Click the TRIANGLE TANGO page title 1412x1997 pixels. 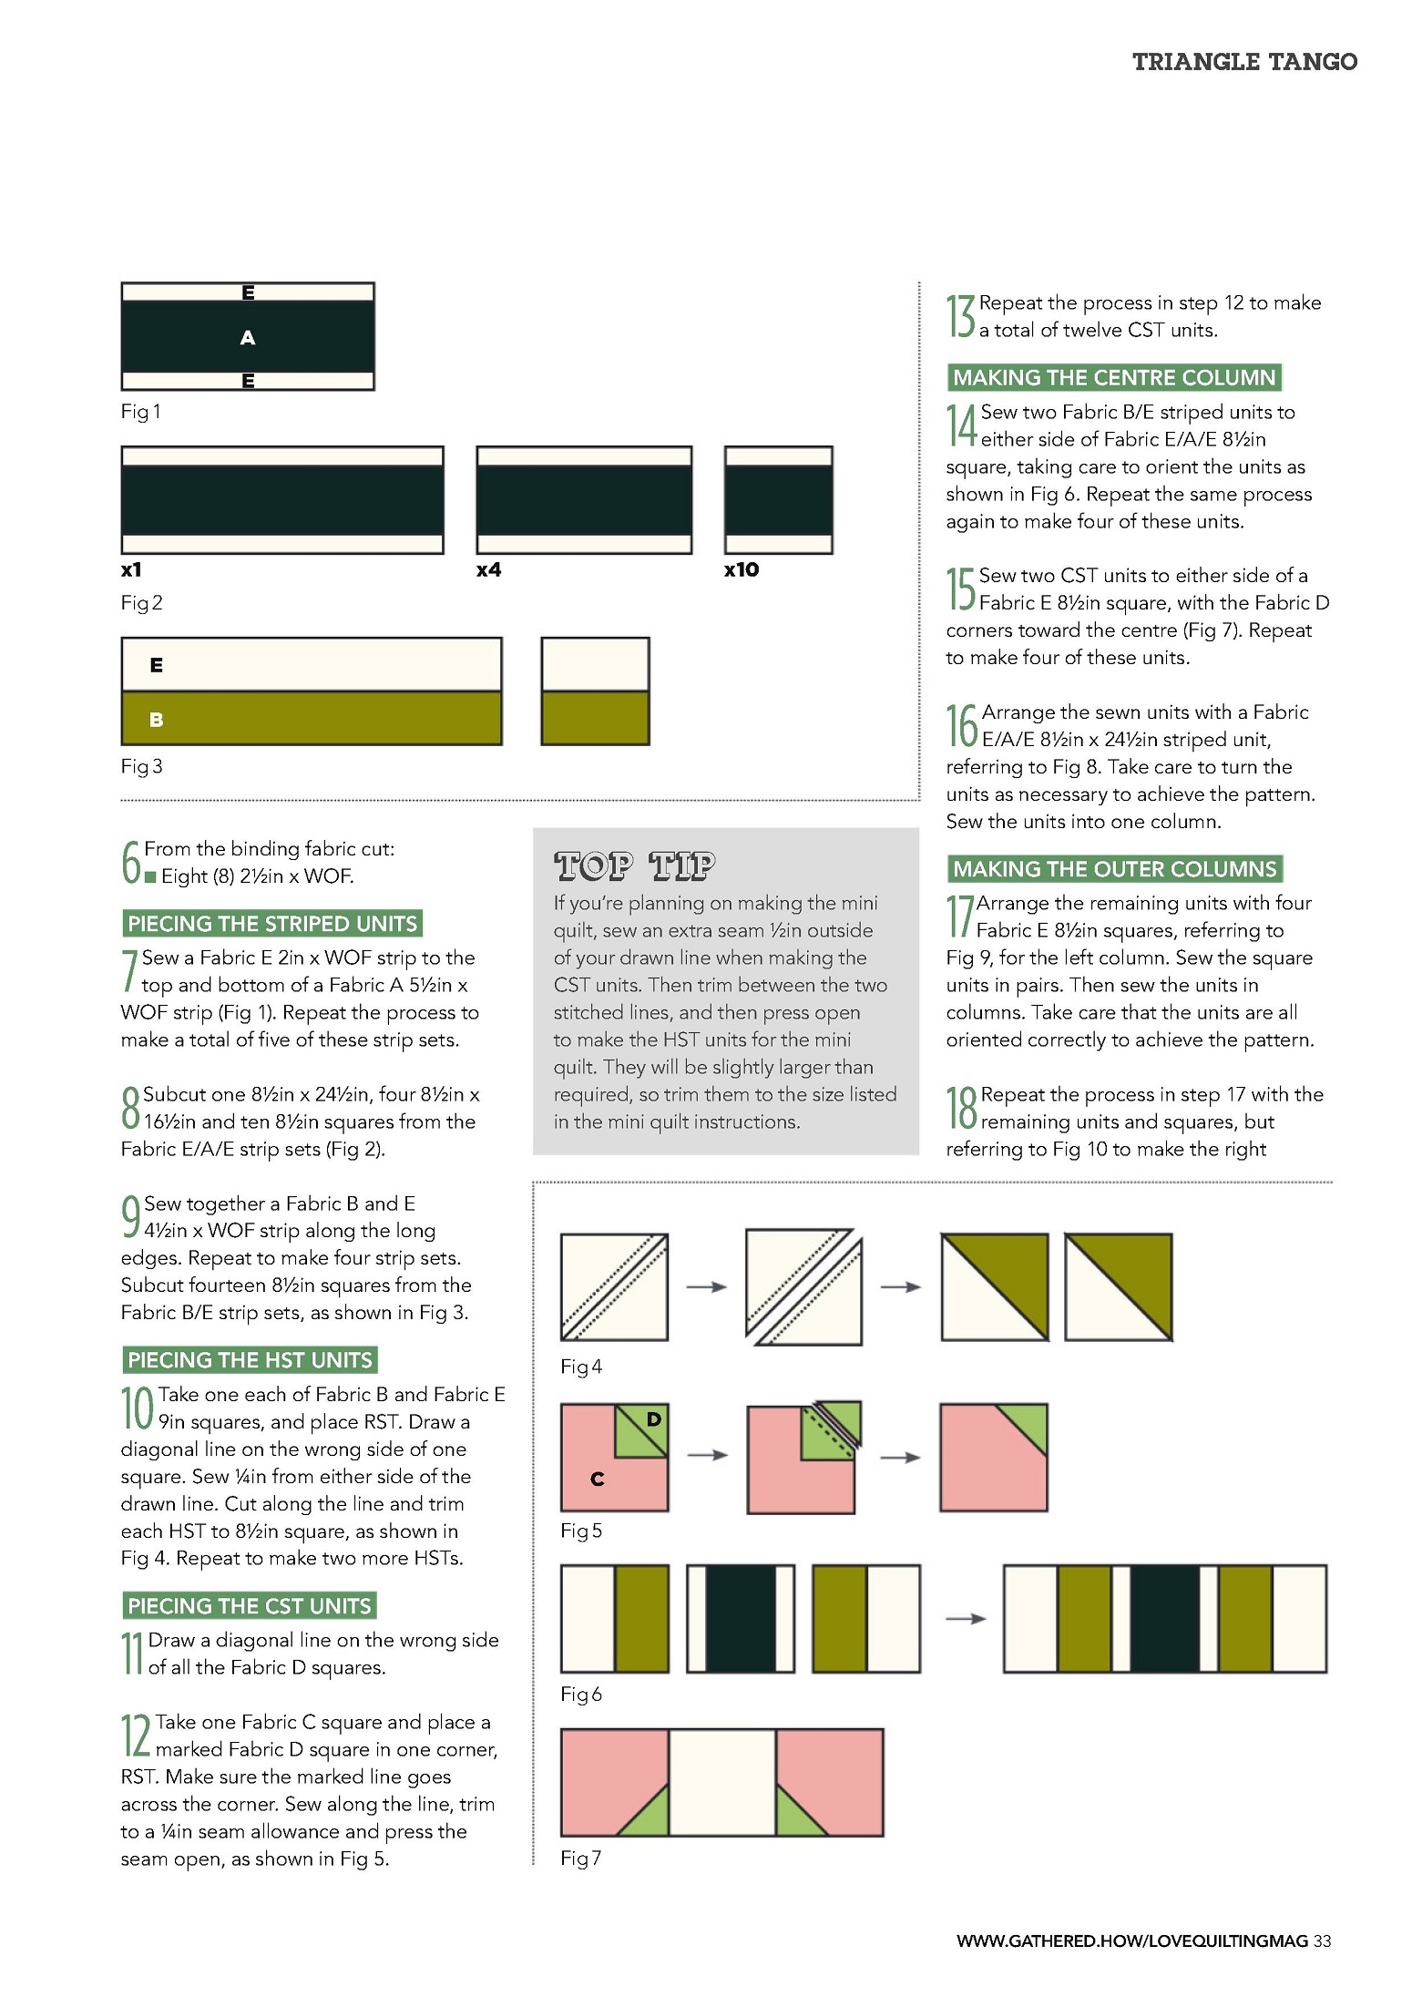[x=1244, y=62]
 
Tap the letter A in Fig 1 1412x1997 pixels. [x=247, y=338]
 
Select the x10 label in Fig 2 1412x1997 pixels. [x=742, y=570]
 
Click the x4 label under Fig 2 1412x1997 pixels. [x=489, y=570]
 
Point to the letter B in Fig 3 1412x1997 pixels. [x=156, y=720]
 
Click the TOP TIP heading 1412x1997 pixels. [x=635, y=865]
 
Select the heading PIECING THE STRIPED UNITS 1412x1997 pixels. [x=272, y=924]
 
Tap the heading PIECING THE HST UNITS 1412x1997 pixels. [x=250, y=1360]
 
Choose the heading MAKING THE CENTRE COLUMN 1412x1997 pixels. [x=1113, y=377]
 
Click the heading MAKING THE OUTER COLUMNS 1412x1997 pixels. [x=1114, y=869]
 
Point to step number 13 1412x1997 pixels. [x=960, y=316]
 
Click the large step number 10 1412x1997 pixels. [x=138, y=1408]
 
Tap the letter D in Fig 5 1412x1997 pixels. [x=653, y=1419]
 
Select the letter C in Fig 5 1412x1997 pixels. [x=597, y=1480]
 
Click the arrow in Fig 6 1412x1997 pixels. [x=966, y=1619]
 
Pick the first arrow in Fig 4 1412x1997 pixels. [x=706, y=1287]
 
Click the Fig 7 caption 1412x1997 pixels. [x=580, y=1859]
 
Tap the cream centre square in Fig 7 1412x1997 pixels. [x=722, y=1783]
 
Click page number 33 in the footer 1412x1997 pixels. [x=1322, y=1941]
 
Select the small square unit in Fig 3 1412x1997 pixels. [x=595, y=691]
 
